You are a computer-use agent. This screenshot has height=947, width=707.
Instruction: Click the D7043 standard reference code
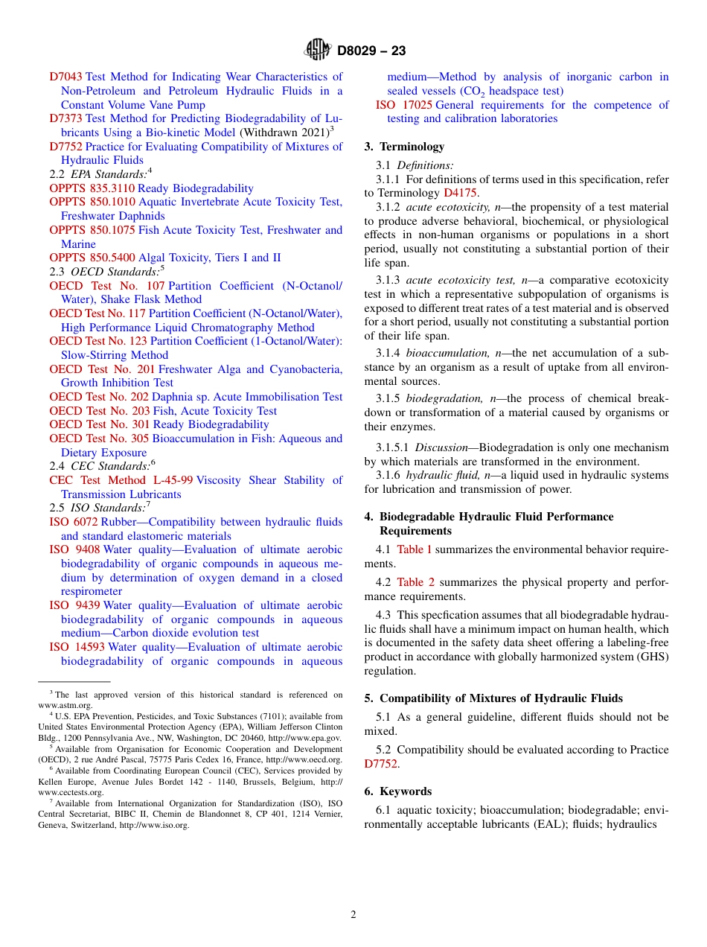[x=65, y=77]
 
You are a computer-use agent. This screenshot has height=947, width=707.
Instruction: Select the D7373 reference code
[x=65, y=118]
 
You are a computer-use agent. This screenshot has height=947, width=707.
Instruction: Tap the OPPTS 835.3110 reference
[x=92, y=188]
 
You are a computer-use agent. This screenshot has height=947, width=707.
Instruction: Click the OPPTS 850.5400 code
[x=92, y=258]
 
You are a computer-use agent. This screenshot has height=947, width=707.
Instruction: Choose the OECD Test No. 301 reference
[x=99, y=424]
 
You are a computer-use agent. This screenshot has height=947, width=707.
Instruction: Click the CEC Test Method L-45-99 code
[x=121, y=480]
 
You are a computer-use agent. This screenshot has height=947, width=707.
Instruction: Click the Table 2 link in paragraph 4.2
[x=414, y=582]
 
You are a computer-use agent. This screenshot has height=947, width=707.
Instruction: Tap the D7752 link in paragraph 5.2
[x=380, y=764]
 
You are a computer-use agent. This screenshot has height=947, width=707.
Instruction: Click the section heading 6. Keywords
[x=398, y=791]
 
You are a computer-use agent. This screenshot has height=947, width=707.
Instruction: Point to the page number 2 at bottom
[x=353, y=915]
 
